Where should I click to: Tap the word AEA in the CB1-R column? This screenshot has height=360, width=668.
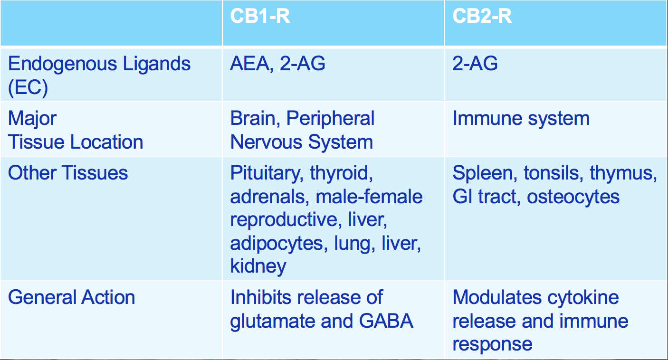pyautogui.click(x=250, y=64)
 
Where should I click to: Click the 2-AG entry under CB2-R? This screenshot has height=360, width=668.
pyautogui.click(x=475, y=64)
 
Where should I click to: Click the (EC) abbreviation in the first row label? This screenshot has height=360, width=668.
pyautogui.click(x=28, y=87)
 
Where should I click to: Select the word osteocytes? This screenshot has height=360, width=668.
pyautogui.click(x=573, y=197)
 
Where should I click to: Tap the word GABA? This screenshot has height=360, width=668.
pyautogui.click(x=386, y=321)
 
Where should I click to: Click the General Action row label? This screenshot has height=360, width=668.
pyautogui.click(x=72, y=297)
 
